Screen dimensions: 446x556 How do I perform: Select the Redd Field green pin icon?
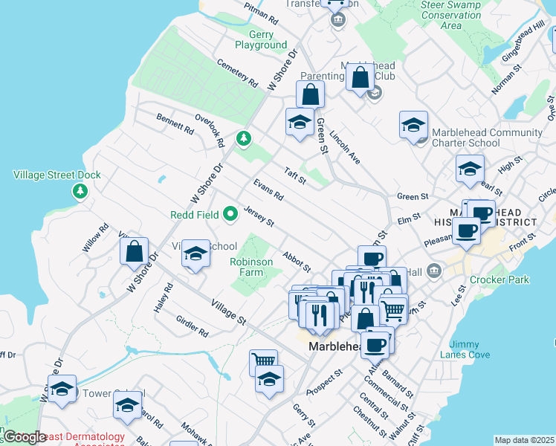click(230, 215)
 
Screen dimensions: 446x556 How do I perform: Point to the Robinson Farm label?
click(256, 267)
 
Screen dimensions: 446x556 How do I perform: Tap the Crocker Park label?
click(500, 280)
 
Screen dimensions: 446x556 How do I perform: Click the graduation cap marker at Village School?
click(195, 255)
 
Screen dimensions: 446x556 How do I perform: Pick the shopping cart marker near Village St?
click(262, 361)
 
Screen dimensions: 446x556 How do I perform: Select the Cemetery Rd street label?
click(237, 73)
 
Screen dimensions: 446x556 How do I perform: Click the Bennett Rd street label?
click(175, 123)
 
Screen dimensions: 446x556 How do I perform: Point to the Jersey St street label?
click(259, 217)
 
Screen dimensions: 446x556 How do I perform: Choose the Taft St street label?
click(295, 174)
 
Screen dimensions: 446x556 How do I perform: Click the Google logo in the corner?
click(25, 437)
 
